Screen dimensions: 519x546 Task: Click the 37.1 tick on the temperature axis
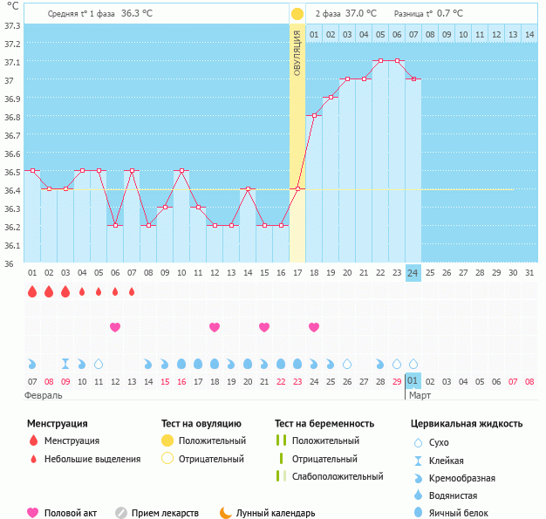click(13, 63)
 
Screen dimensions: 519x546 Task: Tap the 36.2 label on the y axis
click(13, 227)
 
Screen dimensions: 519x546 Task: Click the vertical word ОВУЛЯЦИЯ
click(297, 53)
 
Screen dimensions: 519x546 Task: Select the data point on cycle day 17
click(297, 189)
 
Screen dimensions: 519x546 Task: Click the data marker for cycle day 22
click(380, 61)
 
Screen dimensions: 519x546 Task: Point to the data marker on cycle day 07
click(132, 171)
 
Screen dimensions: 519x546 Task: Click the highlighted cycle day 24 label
click(413, 273)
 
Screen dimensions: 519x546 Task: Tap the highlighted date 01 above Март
click(413, 381)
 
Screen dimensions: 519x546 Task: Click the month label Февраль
click(44, 395)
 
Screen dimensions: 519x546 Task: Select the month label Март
click(420, 395)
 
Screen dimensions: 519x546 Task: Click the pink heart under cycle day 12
click(115, 327)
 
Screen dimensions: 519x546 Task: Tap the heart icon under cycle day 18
click(314, 327)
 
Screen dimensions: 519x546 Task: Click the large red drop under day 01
click(32, 292)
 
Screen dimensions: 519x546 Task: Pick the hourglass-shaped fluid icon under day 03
click(65, 363)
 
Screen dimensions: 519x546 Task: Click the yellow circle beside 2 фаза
click(297, 14)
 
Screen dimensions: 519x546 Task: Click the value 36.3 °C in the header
click(137, 14)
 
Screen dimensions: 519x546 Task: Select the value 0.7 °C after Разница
click(450, 14)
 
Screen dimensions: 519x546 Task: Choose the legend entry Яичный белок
click(465, 513)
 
